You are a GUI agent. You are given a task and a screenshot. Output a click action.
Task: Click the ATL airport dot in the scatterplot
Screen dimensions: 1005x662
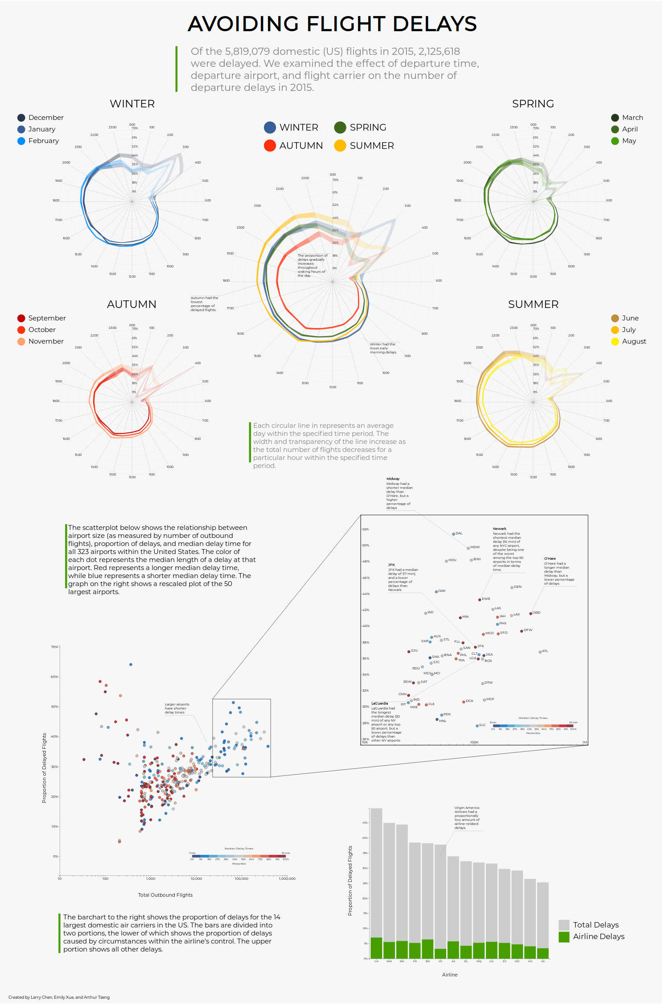[x=540, y=652]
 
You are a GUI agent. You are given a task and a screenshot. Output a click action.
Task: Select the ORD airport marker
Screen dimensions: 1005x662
[x=530, y=614]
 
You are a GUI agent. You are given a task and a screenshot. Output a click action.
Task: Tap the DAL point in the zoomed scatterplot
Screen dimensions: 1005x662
[x=453, y=534]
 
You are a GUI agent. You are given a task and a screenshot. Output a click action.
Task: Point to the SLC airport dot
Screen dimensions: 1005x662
[x=477, y=726]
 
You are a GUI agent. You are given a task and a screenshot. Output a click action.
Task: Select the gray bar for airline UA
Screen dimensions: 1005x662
[x=376, y=874]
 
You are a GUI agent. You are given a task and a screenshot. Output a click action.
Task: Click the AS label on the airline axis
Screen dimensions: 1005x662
[x=543, y=961]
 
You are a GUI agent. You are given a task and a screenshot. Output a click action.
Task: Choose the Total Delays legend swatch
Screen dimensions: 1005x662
[x=564, y=925]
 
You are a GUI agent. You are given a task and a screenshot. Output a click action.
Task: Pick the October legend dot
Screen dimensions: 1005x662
[x=21, y=330]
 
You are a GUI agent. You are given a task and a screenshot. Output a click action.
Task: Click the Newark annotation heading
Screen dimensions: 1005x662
[x=499, y=529]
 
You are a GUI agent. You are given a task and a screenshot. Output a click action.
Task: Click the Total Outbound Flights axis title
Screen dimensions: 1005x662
[x=165, y=895]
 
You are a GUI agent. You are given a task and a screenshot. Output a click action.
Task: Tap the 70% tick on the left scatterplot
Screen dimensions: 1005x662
[x=54, y=647]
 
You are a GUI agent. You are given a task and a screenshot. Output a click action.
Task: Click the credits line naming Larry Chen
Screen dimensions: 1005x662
[x=59, y=997]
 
